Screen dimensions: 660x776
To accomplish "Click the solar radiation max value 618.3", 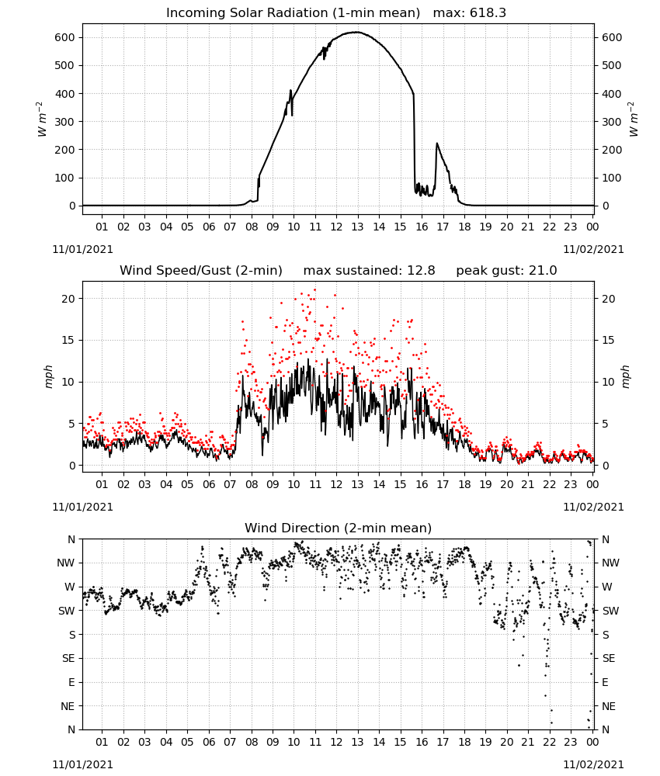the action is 488,13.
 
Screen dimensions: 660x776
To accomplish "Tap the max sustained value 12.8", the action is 421,271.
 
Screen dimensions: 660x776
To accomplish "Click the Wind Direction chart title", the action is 339,528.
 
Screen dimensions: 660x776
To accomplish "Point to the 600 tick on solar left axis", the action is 65,37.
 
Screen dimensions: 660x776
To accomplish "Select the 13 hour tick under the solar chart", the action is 357,227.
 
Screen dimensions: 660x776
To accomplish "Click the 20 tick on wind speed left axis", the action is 68,299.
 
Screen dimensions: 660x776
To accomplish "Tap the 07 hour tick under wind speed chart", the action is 230,484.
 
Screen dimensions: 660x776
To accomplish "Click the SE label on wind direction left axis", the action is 69,658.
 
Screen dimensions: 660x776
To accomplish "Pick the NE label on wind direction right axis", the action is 609,706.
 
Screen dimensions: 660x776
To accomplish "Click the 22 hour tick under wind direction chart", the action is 549,741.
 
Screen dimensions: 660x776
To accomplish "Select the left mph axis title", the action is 48,376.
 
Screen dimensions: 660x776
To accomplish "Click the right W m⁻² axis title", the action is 634,120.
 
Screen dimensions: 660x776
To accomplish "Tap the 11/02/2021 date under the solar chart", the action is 593,249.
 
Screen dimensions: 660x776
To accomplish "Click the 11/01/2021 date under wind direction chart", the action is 82,764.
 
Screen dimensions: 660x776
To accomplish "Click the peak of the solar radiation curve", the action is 356,32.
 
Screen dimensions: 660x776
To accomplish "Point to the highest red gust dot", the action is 315,290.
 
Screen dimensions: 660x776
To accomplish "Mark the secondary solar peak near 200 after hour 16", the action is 436,144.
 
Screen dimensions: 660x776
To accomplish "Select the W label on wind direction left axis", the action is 71,587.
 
